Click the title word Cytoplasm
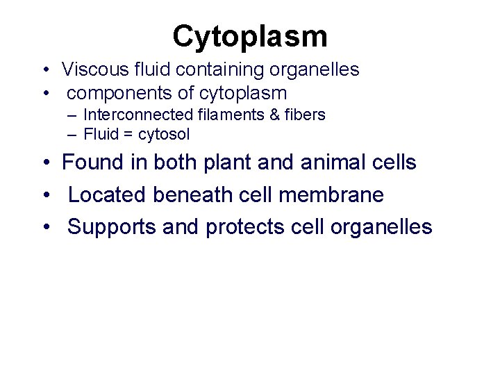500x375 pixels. (x=250, y=36)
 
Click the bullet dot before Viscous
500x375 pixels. (x=44, y=69)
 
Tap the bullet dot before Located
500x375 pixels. (x=44, y=195)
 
